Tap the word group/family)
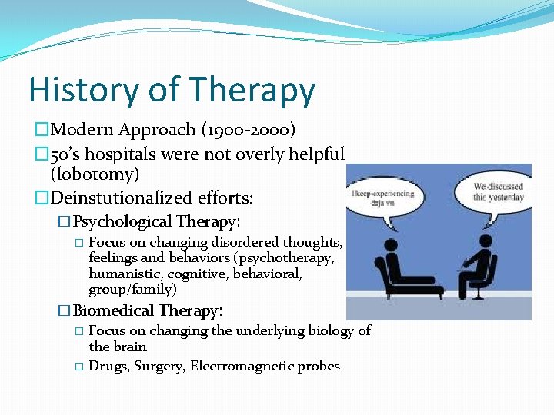point(132,290)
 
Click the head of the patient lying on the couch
point(391,247)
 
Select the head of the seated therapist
point(485,243)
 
